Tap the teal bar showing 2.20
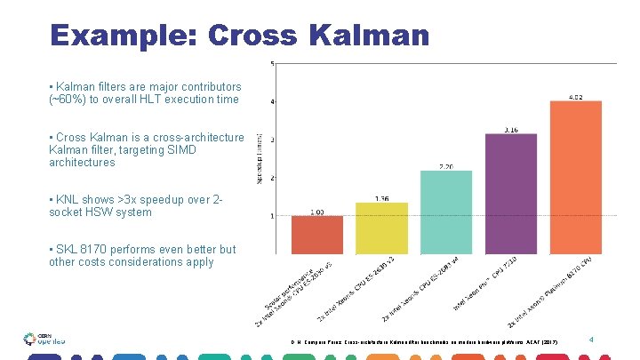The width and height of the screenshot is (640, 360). (446, 212)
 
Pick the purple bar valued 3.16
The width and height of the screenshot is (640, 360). (511, 194)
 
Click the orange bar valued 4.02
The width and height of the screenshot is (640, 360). (576, 177)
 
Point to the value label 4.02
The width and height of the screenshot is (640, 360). (576, 96)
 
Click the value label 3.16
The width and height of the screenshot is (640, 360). (511, 129)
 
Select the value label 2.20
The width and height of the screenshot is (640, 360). (446, 165)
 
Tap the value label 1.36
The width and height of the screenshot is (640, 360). (380, 197)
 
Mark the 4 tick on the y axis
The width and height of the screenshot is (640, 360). (272, 101)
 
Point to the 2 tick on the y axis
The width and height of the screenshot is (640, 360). (272, 178)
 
